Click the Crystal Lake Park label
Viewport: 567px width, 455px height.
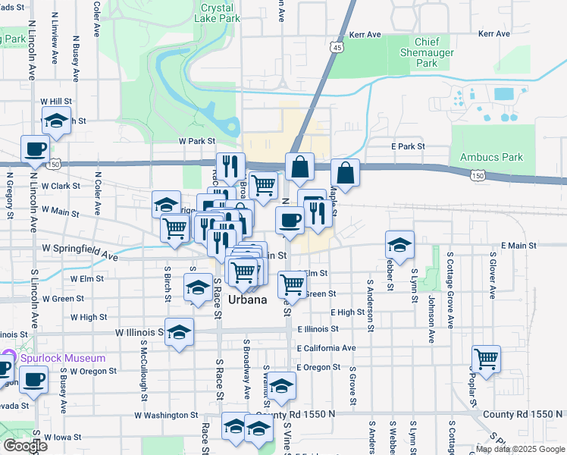pyautogui.click(x=217, y=13)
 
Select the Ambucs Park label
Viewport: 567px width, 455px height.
pyautogui.click(x=491, y=158)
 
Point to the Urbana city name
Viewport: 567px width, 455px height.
pyautogui.click(x=247, y=300)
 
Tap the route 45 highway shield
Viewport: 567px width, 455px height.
pyautogui.click(x=336, y=47)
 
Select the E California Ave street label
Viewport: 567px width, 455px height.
pyautogui.click(x=326, y=348)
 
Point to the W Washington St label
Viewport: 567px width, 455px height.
pyautogui.click(x=166, y=416)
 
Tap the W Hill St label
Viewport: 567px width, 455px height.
pyautogui.click(x=56, y=101)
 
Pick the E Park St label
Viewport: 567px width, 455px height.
pyautogui.click(x=408, y=146)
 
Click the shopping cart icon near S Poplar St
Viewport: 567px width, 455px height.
pyautogui.click(x=486, y=358)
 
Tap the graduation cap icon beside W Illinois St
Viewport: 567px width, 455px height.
pyautogui.click(x=179, y=331)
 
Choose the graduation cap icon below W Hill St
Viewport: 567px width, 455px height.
pyautogui.click(x=56, y=120)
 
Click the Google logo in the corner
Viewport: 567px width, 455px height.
pyautogui.click(x=24, y=446)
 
